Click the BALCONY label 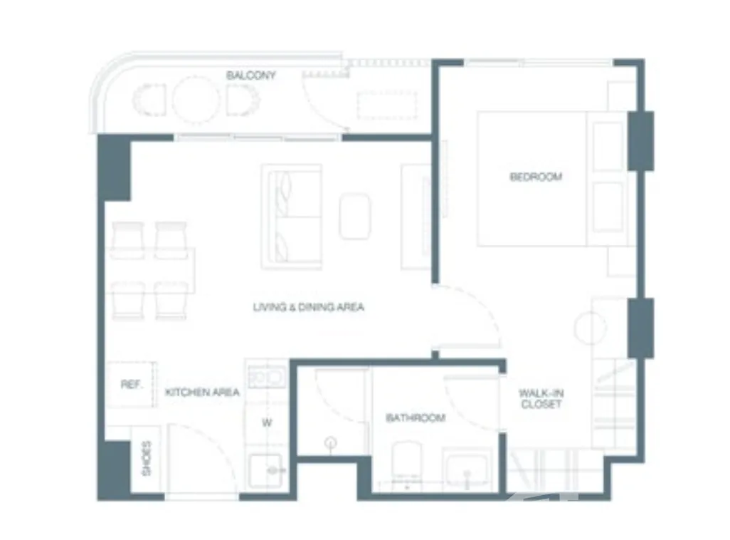[x=251, y=76]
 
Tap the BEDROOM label [x=536, y=177]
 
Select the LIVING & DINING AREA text [x=308, y=307]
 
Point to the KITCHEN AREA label [x=203, y=392]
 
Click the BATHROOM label [x=416, y=418]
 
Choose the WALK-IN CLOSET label [x=541, y=399]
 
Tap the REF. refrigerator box [x=131, y=385]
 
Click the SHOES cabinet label [x=146, y=458]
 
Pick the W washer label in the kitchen [x=267, y=423]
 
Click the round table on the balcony [x=196, y=99]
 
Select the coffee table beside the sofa [x=355, y=217]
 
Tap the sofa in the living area [x=292, y=217]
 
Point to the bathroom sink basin [x=467, y=469]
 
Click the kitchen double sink [x=266, y=378]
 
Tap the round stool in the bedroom [x=591, y=328]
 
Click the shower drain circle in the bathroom [x=331, y=442]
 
